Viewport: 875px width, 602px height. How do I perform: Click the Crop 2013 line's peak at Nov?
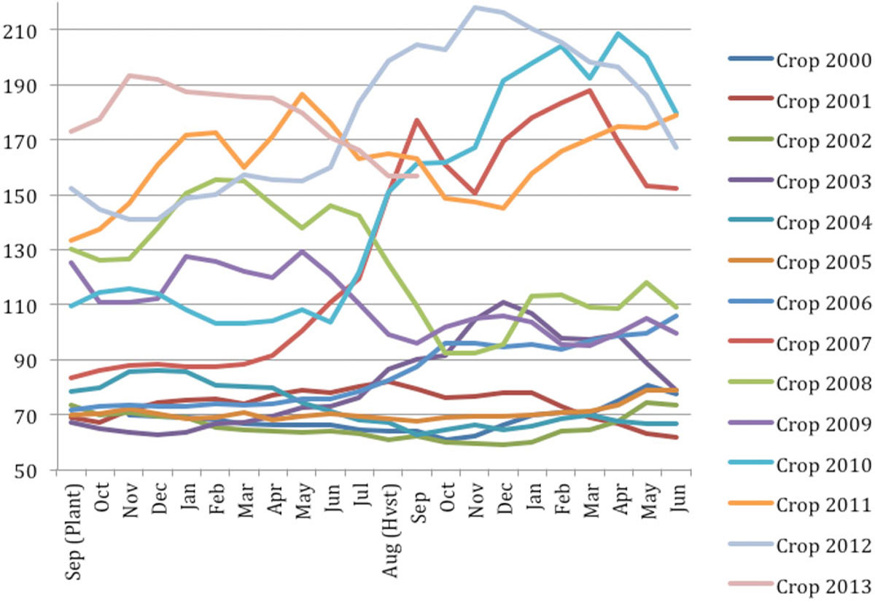pyautogui.click(x=129, y=75)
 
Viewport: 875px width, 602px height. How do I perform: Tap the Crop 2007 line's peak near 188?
pyautogui.click(x=589, y=90)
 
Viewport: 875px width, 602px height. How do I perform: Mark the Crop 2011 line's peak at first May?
pyautogui.click(x=302, y=94)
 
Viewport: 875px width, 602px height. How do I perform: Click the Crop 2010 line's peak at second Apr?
pyautogui.click(x=618, y=34)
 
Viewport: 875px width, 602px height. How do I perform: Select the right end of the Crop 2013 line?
pyautogui.click(x=416, y=176)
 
